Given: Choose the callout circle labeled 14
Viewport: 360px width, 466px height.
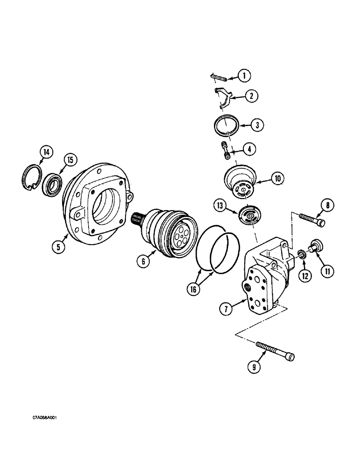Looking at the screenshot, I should [x=47, y=151].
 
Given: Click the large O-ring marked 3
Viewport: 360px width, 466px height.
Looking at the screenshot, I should [x=227, y=126].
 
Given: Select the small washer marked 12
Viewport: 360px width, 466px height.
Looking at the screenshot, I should [x=301, y=254].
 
